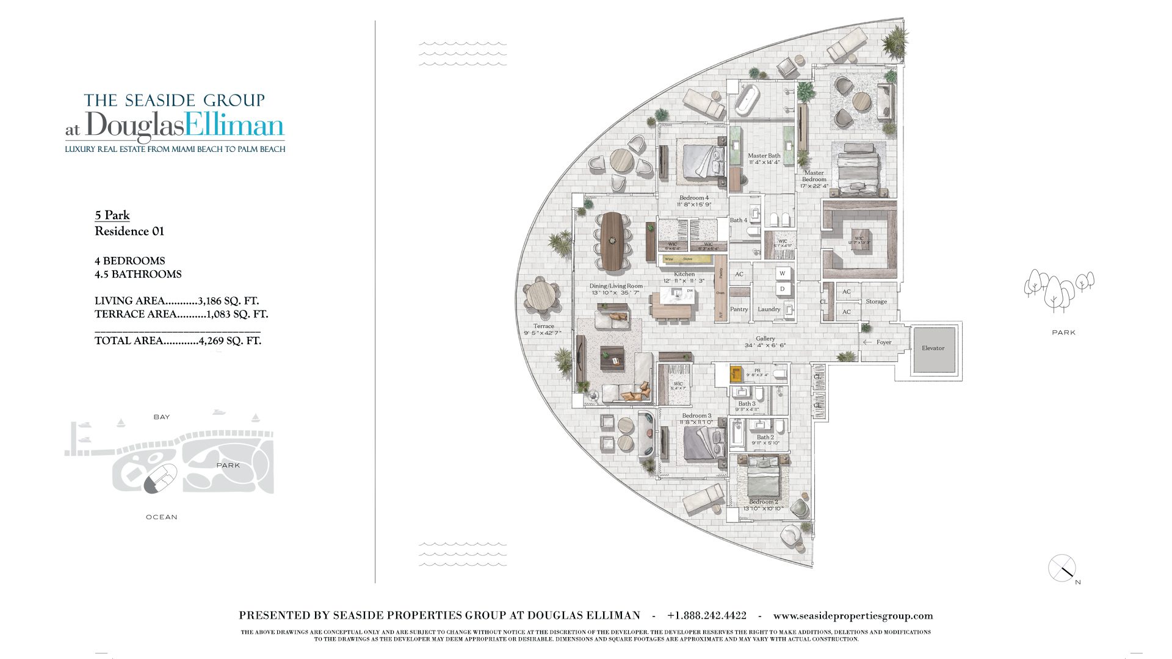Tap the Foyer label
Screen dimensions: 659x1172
tap(883, 342)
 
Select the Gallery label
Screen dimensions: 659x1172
tap(765, 339)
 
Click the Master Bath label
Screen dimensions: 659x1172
tap(764, 156)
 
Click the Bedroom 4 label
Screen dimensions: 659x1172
tap(694, 198)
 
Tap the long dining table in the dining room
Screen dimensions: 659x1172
tap(610, 239)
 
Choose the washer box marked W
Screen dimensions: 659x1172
tap(783, 273)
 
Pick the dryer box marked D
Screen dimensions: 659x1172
tap(783, 289)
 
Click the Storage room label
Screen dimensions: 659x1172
tap(876, 301)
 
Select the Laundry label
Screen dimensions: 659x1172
tap(769, 309)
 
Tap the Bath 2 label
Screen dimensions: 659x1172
tap(765, 437)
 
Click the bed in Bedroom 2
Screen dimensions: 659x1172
tap(763, 478)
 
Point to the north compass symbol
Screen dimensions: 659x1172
tap(1063, 569)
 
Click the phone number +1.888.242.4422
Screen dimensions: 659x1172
tap(706, 616)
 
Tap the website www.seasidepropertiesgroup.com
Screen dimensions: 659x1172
tap(853, 616)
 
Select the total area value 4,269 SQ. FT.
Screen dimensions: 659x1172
tap(230, 340)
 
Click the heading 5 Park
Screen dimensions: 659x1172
tap(112, 215)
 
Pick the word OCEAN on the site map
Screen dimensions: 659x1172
tap(162, 517)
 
